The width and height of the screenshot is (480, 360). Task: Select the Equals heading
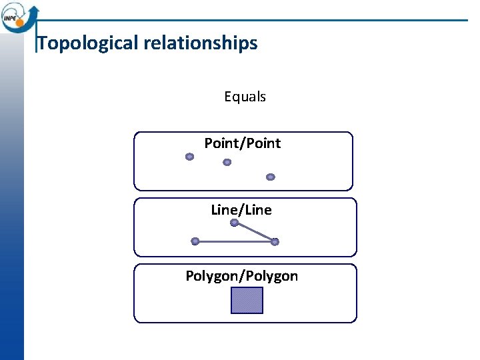pos(245,97)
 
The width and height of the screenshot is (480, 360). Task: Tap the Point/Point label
pos(242,143)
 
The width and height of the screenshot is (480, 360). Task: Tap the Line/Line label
pos(241,210)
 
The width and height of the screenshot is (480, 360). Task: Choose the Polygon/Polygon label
pos(241,276)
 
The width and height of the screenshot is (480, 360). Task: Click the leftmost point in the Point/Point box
pos(189,157)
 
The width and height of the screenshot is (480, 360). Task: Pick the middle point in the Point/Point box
pos(227,162)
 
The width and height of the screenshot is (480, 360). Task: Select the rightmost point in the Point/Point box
pos(270,177)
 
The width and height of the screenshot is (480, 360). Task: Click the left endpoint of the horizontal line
pos(195,241)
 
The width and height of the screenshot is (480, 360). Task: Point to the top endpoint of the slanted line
pos(234,223)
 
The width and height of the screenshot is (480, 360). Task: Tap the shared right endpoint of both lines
pos(275,242)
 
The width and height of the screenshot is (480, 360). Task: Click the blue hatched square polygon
pos(247,301)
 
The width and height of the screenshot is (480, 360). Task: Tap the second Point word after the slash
pos(264,143)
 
